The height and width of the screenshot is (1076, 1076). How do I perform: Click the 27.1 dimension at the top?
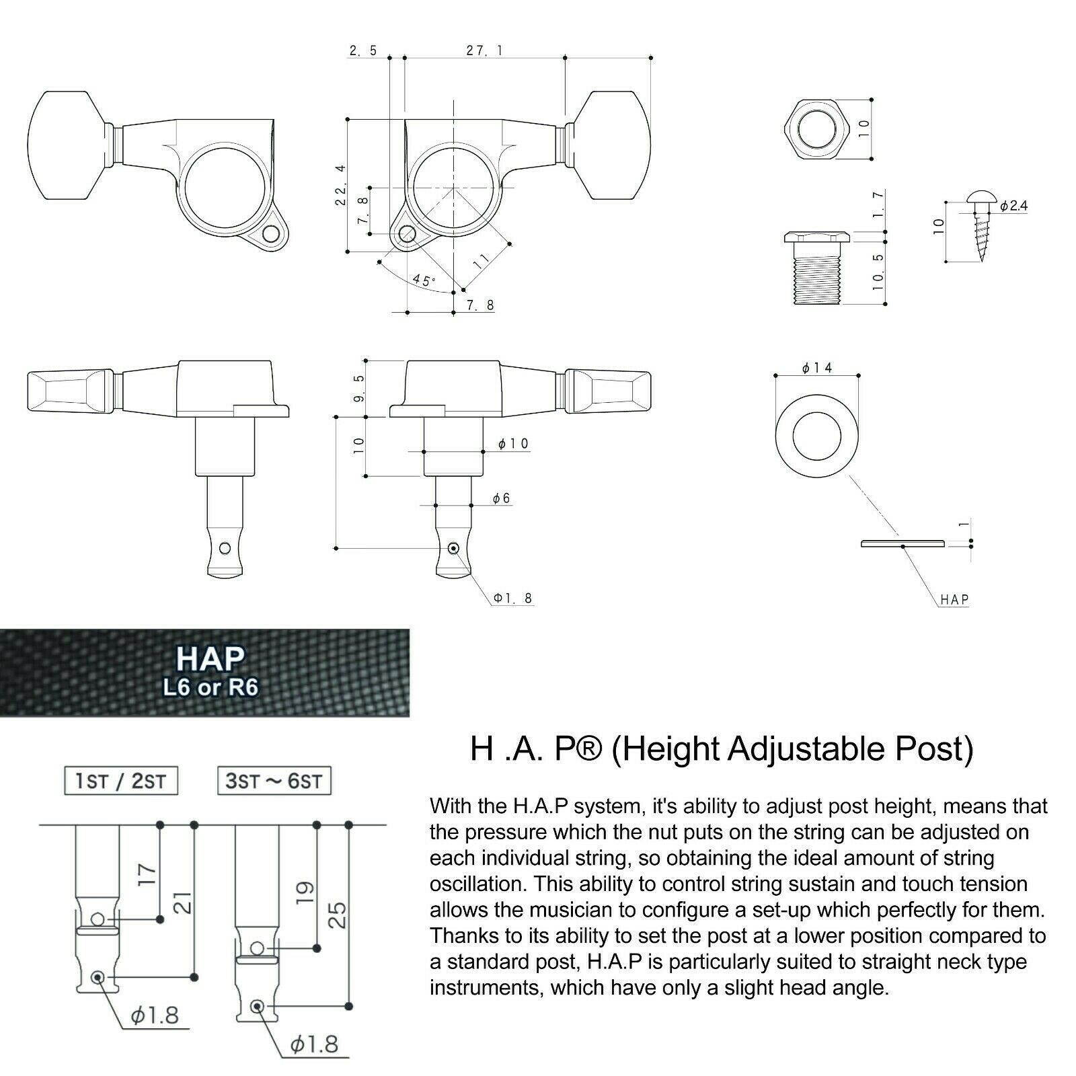485,50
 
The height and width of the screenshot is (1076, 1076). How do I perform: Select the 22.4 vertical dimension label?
340,185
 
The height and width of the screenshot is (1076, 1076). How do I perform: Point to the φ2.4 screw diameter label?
1013,206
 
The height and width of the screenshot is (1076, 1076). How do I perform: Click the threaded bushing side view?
817,268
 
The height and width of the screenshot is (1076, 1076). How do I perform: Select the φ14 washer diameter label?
817,367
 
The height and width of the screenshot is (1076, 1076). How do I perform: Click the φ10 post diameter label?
513,443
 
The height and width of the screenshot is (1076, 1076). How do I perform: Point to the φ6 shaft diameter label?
501,498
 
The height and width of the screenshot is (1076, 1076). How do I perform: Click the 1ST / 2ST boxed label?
120,781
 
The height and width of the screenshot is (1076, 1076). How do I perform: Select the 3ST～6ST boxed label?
274,781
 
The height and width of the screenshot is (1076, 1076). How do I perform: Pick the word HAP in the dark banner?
210,659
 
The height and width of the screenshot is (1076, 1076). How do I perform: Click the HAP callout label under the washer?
954,599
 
